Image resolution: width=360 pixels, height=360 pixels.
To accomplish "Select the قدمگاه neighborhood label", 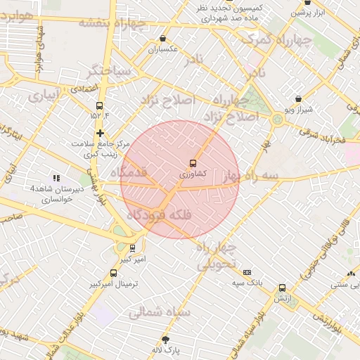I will [x=129, y=172].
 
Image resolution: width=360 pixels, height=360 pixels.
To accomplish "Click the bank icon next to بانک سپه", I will [x=247, y=272].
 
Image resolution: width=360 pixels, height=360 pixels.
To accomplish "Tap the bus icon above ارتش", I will [x=283, y=288].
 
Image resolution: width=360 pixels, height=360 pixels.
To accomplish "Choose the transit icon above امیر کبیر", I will [x=132, y=247].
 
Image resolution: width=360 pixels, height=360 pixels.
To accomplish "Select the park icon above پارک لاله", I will [x=166, y=338].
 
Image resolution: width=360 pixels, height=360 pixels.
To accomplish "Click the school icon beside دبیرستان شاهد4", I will [x=56, y=179].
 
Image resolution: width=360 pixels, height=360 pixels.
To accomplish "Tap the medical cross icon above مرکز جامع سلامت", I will [x=101, y=132].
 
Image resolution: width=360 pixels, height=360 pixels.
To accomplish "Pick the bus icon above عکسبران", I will [x=163, y=39].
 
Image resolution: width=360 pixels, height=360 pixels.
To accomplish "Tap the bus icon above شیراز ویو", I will [x=298, y=99].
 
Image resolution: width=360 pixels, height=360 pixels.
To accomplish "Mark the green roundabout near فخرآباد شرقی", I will [x=278, y=120].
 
